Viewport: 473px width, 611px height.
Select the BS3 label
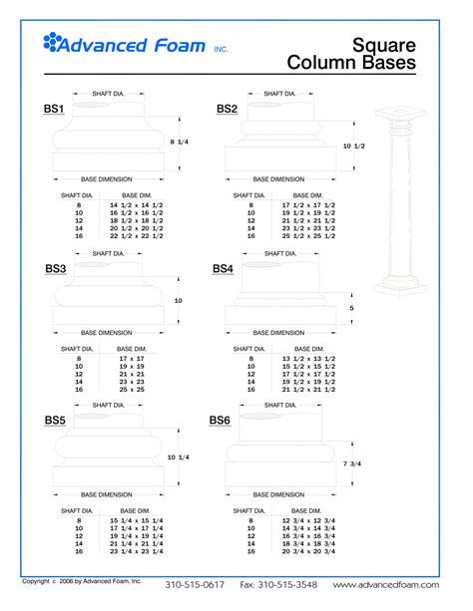click(x=55, y=269)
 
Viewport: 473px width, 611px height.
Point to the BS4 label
click(x=223, y=269)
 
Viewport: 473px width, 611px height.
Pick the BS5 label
click(x=55, y=421)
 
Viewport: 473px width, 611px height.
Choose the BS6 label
click(x=220, y=421)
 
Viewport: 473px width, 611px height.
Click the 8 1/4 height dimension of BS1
click(x=180, y=143)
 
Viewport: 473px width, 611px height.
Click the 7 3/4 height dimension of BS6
click(x=352, y=463)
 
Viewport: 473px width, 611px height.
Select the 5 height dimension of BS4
click(x=351, y=307)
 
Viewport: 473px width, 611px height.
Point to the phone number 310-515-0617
click(x=195, y=585)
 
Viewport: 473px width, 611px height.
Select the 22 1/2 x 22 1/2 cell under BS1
click(x=135, y=236)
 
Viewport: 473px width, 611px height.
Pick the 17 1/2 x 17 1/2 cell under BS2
click(x=307, y=204)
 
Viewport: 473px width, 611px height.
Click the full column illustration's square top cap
click(x=399, y=113)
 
